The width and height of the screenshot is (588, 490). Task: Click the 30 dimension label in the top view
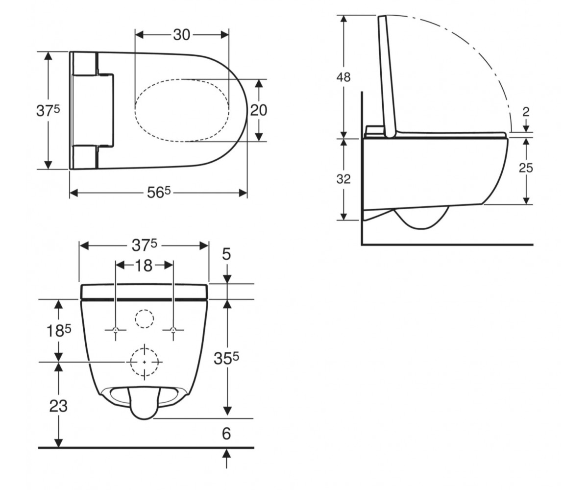[182, 35]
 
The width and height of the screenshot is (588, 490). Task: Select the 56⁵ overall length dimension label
[159, 193]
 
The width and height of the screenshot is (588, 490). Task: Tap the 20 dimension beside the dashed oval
[259, 110]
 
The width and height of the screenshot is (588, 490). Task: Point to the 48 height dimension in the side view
[343, 77]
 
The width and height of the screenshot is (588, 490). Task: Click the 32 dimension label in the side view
[343, 179]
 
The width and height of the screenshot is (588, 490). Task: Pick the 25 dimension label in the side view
[526, 168]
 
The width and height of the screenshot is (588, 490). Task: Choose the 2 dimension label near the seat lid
[526, 112]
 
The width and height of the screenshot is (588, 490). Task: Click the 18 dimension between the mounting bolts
[144, 266]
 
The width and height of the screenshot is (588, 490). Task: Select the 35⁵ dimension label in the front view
[226, 359]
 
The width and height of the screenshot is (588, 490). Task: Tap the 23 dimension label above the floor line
[59, 406]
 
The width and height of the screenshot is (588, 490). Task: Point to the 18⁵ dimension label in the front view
[59, 331]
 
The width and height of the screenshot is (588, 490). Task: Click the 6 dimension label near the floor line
[226, 434]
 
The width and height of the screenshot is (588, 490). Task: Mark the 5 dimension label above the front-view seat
[226, 254]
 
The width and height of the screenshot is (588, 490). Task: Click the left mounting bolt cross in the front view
[116, 330]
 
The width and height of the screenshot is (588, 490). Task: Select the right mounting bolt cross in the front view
[173, 330]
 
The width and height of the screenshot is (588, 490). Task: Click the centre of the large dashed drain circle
[145, 362]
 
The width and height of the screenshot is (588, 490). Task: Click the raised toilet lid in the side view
[387, 76]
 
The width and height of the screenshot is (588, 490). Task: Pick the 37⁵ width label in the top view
[48, 110]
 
